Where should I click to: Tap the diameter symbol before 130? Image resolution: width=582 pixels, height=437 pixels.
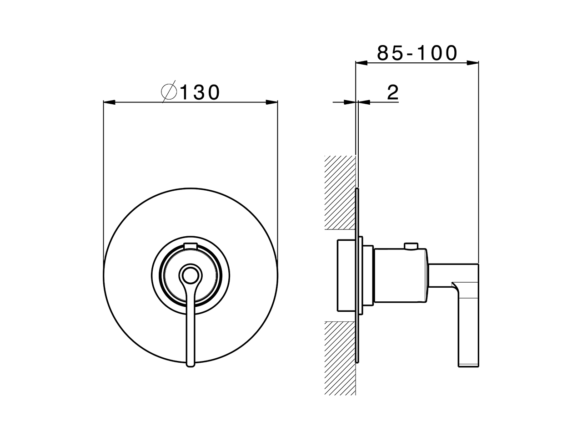pyautogui.click(x=169, y=92)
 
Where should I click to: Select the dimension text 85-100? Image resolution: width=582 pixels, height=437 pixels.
pyautogui.click(x=417, y=53)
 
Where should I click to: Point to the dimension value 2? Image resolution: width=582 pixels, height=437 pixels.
pyautogui.click(x=392, y=92)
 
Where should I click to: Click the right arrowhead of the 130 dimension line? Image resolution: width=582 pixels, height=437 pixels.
pyautogui.click(x=272, y=102)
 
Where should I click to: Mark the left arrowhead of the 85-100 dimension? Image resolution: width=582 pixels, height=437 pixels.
pyautogui.click(x=361, y=63)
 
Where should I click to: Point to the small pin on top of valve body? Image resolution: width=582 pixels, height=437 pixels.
pyautogui.click(x=412, y=247)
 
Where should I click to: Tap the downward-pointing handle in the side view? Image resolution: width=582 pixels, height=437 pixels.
pyautogui.click(x=468, y=319)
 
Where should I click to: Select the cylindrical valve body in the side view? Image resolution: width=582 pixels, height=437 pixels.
pyautogui.click(x=400, y=276)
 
